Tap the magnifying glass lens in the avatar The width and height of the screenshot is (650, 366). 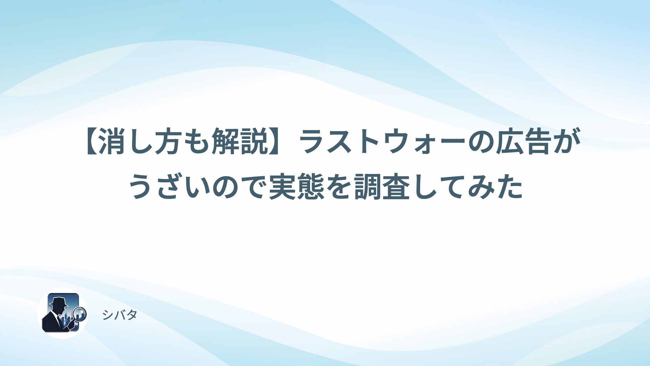[x=80, y=313]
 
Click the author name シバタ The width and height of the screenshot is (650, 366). [x=120, y=315]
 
